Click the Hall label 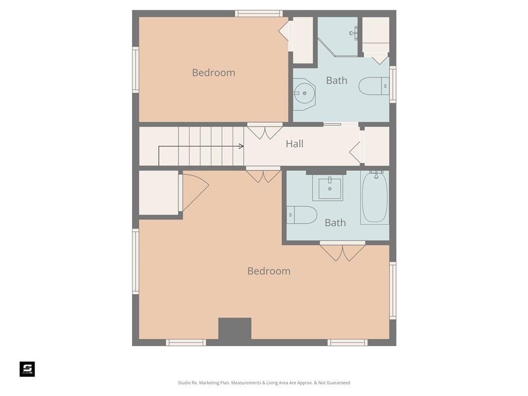[x=294, y=144]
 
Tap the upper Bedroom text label [x=213, y=72]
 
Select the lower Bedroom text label [x=269, y=271]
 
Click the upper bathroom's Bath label [x=336, y=80]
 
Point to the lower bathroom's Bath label [x=335, y=223]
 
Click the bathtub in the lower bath [x=375, y=197]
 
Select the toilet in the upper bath [x=374, y=86]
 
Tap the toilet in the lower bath [x=302, y=215]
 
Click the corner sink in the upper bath [x=304, y=93]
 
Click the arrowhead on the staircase [x=241, y=146]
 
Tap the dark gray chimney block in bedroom [x=235, y=328]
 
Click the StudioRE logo [x=27, y=369]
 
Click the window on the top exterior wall [x=259, y=13]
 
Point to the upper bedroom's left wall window [x=136, y=70]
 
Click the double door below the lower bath [x=342, y=251]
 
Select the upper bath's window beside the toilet [x=392, y=84]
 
